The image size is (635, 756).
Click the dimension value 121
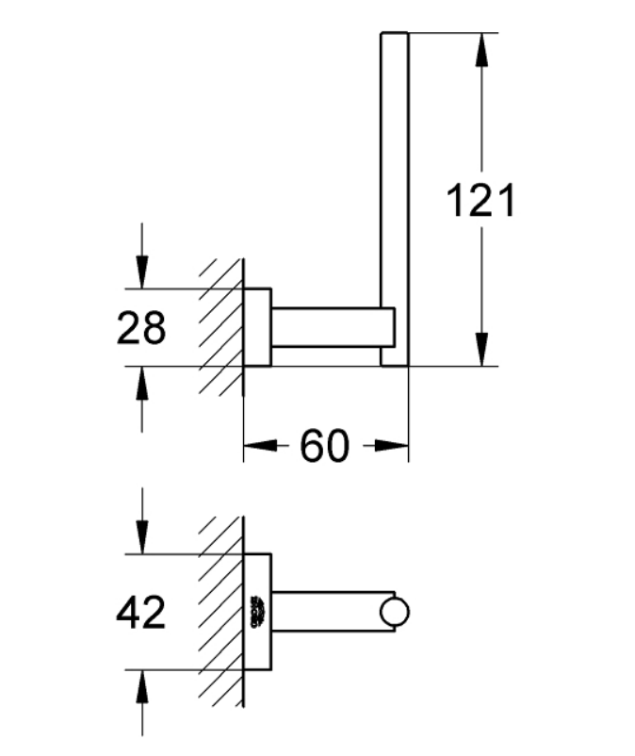(x=480, y=201)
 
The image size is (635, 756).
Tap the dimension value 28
(x=141, y=328)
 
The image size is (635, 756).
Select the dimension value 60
(x=324, y=446)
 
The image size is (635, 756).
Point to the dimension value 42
(x=141, y=613)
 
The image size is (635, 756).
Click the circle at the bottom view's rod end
(x=395, y=612)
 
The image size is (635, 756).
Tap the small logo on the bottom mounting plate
(x=257, y=612)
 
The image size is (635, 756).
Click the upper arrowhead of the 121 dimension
(x=480, y=47)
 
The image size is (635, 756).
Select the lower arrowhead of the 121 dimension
(x=480, y=351)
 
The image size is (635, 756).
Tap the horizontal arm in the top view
(x=330, y=327)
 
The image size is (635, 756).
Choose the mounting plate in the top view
(x=257, y=326)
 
